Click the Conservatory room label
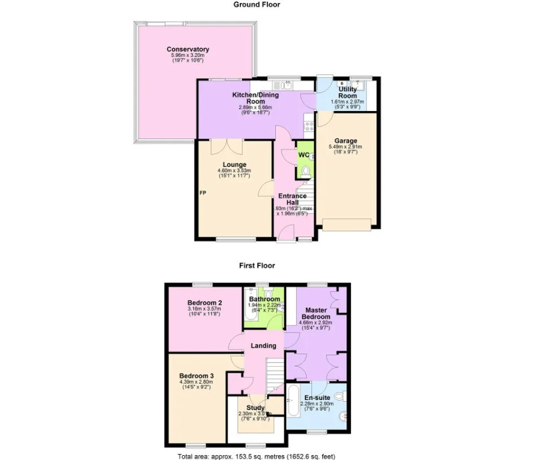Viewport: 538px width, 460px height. coord(188,49)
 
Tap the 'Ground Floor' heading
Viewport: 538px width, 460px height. coord(257,5)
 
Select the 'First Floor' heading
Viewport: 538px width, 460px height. coord(257,265)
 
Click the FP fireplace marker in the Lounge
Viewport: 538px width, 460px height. coord(203,193)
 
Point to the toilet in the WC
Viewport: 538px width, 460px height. coord(306,172)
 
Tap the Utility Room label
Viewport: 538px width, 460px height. coord(347,92)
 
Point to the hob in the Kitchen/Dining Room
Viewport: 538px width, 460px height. coord(310,126)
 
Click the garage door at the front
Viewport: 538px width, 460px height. coord(347,225)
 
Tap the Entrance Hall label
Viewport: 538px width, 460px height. coord(292,199)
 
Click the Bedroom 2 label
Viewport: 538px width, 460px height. coord(205,302)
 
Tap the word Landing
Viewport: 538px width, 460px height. coord(264,345)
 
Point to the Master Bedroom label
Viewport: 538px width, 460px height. coord(316,313)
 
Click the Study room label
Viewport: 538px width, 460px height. coord(256,408)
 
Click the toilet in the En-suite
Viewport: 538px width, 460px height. coord(340,396)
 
